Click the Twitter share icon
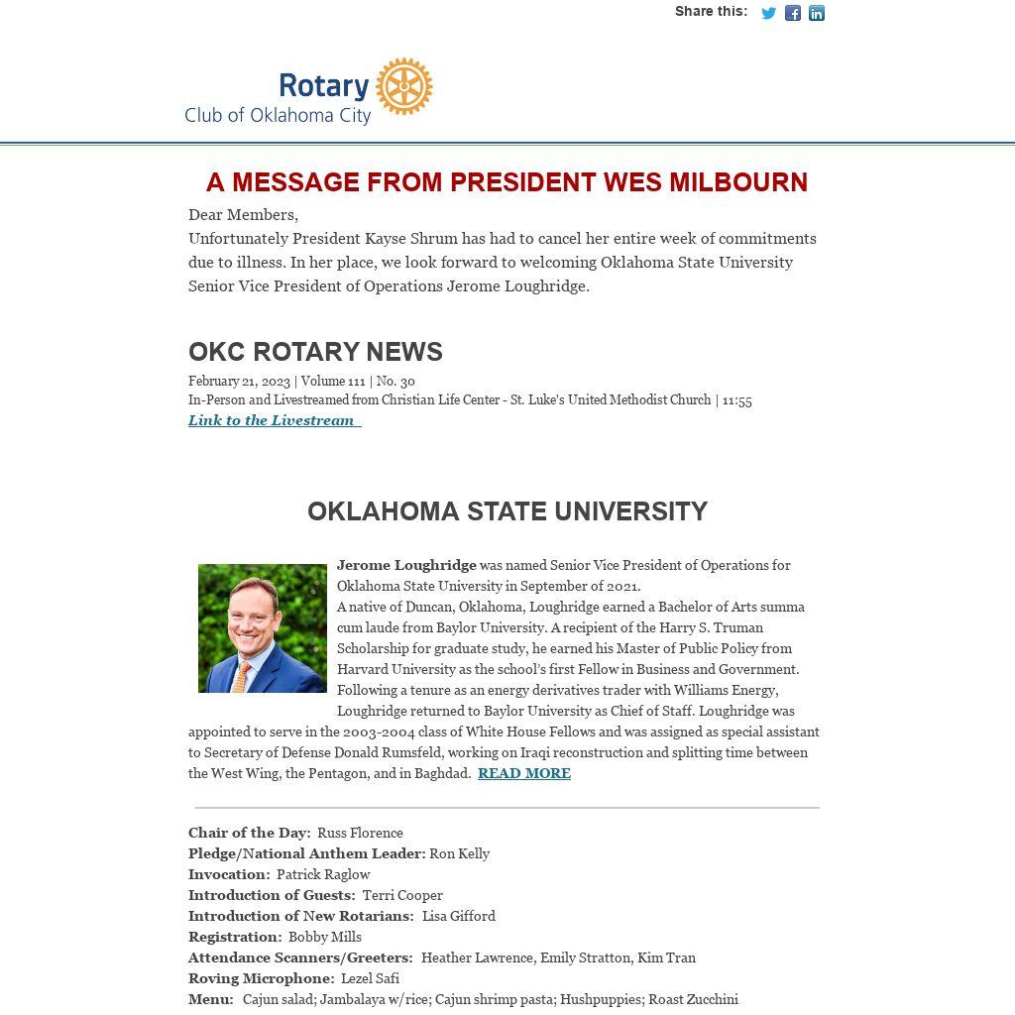[768, 13]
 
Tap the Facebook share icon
[793, 13]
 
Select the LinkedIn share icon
[817, 13]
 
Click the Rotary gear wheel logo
[404, 86]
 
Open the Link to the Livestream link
[273, 420]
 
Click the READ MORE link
[523, 773]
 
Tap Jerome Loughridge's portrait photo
[262, 628]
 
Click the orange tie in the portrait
[241, 678]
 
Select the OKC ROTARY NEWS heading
[315, 352]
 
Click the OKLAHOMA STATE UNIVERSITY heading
[507, 511]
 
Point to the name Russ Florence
[360, 833]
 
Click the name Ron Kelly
[459, 853]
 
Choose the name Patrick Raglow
[323, 874]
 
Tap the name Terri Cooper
[402, 895]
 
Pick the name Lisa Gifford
[458, 916]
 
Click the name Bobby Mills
[324, 937]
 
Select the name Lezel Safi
[370, 978]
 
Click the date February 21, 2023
[239, 381]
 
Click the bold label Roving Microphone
[261, 978]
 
